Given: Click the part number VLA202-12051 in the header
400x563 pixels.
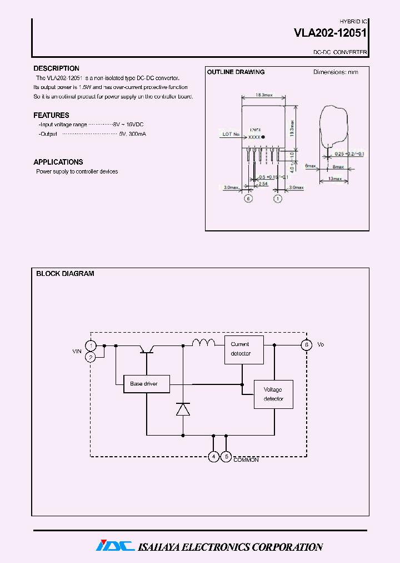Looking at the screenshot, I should (x=329, y=33).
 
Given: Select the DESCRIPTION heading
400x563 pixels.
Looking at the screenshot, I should (x=56, y=68).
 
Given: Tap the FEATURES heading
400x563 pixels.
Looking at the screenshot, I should (x=51, y=115).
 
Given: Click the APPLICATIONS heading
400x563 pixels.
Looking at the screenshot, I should (x=58, y=162).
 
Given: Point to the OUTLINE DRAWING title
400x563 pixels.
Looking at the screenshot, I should (x=236, y=72).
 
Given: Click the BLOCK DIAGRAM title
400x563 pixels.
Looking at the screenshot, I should (x=65, y=274).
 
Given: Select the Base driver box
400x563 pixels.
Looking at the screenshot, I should (x=146, y=384).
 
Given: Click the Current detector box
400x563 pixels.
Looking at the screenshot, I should (x=244, y=349).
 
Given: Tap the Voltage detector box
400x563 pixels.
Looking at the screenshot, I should (x=273, y=394).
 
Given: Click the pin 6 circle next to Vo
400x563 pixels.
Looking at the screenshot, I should (x=306, y=345).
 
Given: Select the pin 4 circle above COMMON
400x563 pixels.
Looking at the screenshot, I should (x=214, y=456).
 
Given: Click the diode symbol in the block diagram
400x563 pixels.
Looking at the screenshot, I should (x=183, y=409).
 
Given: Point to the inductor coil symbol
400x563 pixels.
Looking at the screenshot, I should (x=203, y=342).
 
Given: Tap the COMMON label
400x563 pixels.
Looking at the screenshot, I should (x=246, y=460).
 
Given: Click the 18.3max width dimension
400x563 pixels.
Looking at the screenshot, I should (x=264, y=95).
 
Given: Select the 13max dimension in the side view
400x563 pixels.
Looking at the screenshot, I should (x=334, y=179).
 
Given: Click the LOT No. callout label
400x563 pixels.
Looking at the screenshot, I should (x=231, y=134).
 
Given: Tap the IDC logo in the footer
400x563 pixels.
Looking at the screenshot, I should (x=115, y=546).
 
